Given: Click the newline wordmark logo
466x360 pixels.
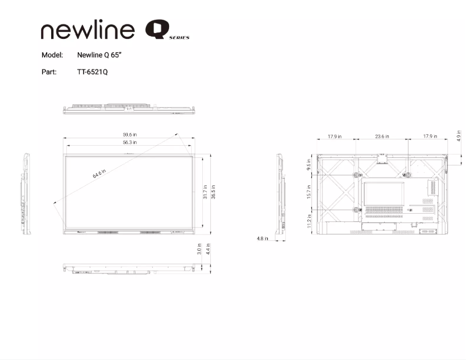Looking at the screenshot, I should click(88, 31).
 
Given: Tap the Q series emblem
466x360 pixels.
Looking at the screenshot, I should click(167, 30).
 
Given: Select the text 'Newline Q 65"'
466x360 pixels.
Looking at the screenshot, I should click(99, 55).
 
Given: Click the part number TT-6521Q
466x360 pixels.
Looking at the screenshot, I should click(92, 72).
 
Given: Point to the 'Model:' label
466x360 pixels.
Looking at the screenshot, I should click(52, 55).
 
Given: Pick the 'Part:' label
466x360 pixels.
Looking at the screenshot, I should click(49, 72).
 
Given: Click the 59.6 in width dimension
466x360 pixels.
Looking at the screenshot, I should click(130, 135).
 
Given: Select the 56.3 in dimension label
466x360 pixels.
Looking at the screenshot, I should click(130, 142).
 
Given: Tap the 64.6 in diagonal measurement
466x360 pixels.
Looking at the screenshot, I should click(99, 174).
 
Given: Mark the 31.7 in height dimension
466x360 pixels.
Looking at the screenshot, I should click(205, 192).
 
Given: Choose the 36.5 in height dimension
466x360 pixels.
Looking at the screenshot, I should click(213, 192).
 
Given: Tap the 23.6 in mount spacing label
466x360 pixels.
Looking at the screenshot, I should click(382, 136).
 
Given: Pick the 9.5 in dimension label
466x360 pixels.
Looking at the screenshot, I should click(309, 164).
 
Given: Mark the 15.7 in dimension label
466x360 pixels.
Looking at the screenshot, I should click(309, 191).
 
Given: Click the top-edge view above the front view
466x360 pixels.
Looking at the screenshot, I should click(128, 109).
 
